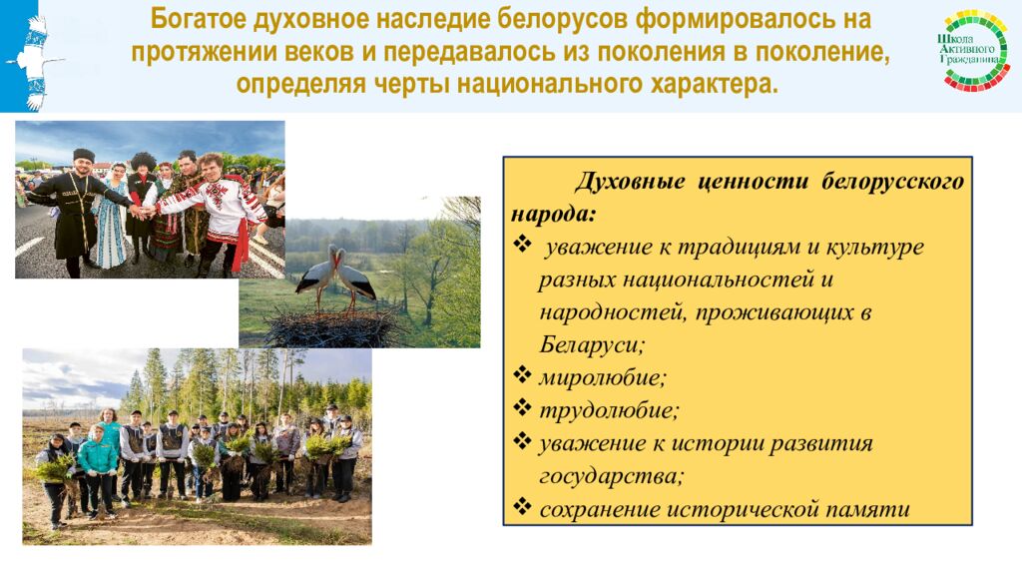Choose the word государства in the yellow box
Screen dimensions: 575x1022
coord(611,475)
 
